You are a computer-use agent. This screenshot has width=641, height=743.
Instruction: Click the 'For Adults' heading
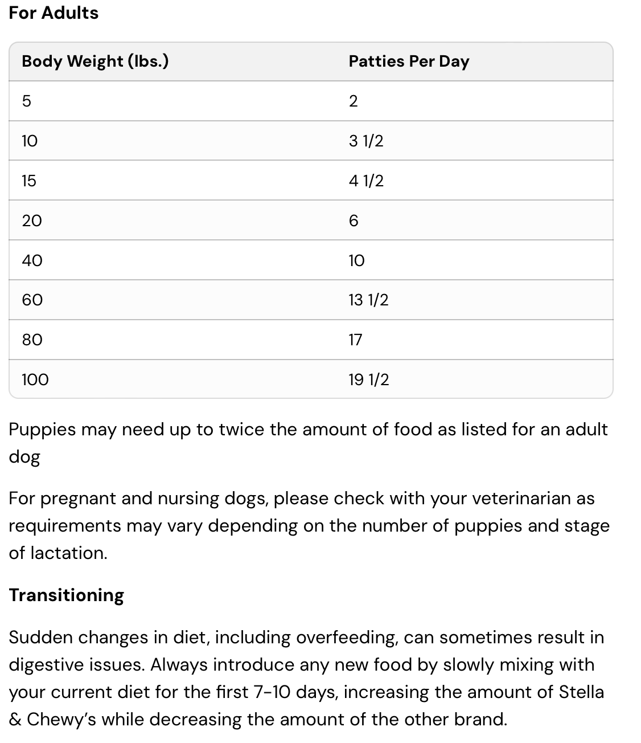tap(54, 13)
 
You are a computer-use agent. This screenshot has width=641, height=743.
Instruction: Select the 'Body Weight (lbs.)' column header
tap(95, 61)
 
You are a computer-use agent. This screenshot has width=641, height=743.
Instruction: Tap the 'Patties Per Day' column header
tap(409, 61)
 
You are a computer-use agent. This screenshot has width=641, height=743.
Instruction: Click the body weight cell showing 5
tap(26, 101)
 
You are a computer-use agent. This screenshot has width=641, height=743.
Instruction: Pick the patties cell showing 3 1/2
tap(366, 141)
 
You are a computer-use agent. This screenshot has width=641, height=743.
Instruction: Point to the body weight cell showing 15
tap(28, 181)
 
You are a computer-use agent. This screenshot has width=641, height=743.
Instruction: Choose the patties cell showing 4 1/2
tap(366, 181)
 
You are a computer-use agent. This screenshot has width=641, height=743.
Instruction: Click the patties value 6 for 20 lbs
tap(354, 221)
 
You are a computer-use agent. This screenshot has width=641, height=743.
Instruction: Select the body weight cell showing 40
tap(32, 260)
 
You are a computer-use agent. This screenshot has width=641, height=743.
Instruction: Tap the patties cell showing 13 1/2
tap(368, 300)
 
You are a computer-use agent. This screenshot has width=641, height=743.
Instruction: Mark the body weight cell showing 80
tap(32, 340)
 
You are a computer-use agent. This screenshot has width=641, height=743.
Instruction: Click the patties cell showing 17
tap(355, 340)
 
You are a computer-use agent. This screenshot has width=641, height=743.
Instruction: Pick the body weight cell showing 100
tap(35, 379)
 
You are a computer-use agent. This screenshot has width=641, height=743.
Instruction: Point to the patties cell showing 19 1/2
tap(369, 379)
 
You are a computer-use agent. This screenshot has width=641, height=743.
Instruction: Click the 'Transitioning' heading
tap(66, 595)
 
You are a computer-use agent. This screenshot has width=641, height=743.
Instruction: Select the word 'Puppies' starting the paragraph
tap(42, 429)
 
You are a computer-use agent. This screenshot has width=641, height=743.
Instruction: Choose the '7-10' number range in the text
tap(275, 692)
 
